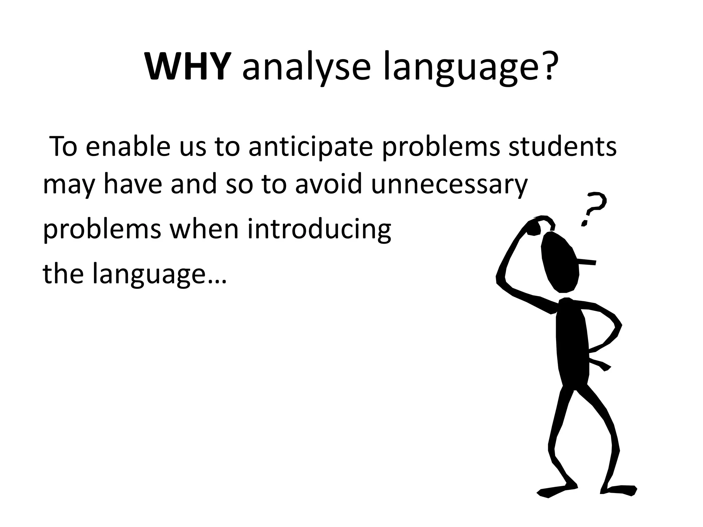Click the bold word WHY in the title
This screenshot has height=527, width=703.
187,67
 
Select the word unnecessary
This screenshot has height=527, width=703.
449,185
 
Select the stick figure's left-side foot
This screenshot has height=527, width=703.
556,491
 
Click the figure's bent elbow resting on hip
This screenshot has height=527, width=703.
616,326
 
